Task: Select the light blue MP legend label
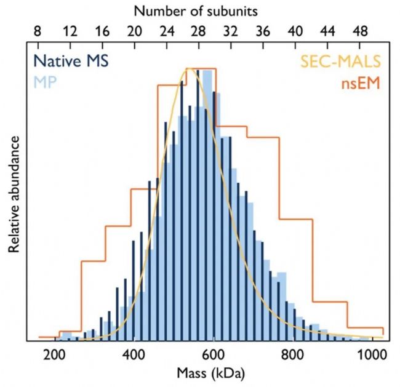point(44,81)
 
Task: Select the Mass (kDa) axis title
point(213,372)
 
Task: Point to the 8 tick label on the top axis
point(38,31)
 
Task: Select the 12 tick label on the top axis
point(70,31)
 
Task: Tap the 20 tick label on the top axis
point(134,31)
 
